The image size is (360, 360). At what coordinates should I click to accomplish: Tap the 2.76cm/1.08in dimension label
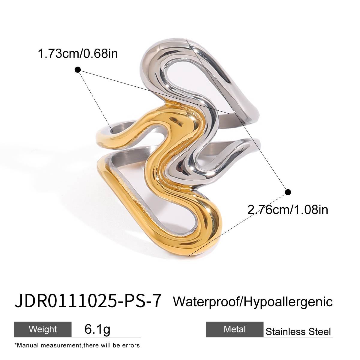tap(287, 209)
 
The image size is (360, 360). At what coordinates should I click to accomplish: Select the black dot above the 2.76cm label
tap(288, 192)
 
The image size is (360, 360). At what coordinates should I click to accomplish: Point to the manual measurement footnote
tap(77, 345)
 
